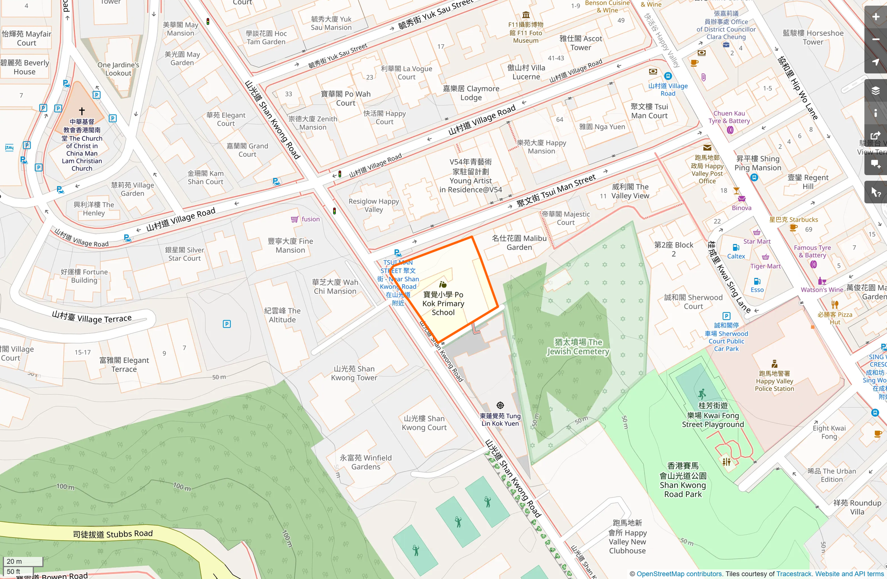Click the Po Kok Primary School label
coord(443,304)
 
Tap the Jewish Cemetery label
coord(578,347)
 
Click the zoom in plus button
coord(875,17)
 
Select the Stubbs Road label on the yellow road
coord(113,534)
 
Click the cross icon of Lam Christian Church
coord(82,111)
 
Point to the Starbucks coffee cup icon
coord(793,228)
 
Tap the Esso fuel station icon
coord(757,281)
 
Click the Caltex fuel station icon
coord(736,248)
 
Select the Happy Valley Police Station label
coord(774,381)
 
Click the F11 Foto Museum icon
coord(526,15)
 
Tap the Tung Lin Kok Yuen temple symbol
coord(500,405)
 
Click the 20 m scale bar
coord(23,561)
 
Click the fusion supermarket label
coord(310,219)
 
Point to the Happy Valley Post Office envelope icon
coord(707,148)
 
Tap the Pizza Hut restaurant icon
coord(835,305)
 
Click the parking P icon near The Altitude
coord(226,324)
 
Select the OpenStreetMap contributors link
coord(679,574)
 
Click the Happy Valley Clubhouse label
coord(627,537)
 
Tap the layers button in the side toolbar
coord(875,91)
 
